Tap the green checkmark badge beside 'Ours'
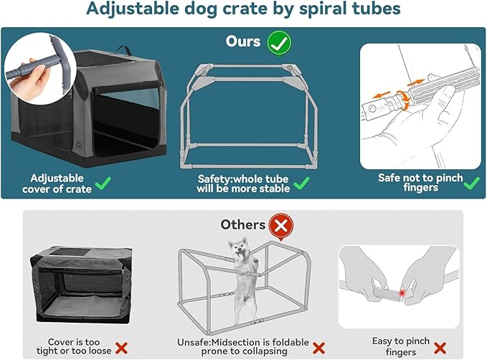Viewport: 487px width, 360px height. [x=279, y=44]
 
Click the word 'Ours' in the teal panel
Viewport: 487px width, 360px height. [x=243, y=42]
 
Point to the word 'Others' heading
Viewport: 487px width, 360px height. [x=243, y=224]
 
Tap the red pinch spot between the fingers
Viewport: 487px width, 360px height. [x=402, y=293]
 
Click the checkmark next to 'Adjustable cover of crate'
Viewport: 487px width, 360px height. [x=103, y=183]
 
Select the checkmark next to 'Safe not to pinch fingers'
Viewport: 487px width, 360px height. [x=471, y=183]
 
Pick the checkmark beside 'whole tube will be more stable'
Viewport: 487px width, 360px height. [x=301, y=183]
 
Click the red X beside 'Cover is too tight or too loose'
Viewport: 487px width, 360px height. [x=121, y=348]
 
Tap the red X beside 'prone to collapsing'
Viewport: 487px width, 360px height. [x=318, y=349]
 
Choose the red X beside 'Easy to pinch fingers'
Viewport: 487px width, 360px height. [x=440, y=348]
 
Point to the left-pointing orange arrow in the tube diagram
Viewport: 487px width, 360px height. [x=381, y=94]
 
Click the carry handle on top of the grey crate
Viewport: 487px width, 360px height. [x=125, y=49]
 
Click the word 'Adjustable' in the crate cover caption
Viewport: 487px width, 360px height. [x=57, y=179]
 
